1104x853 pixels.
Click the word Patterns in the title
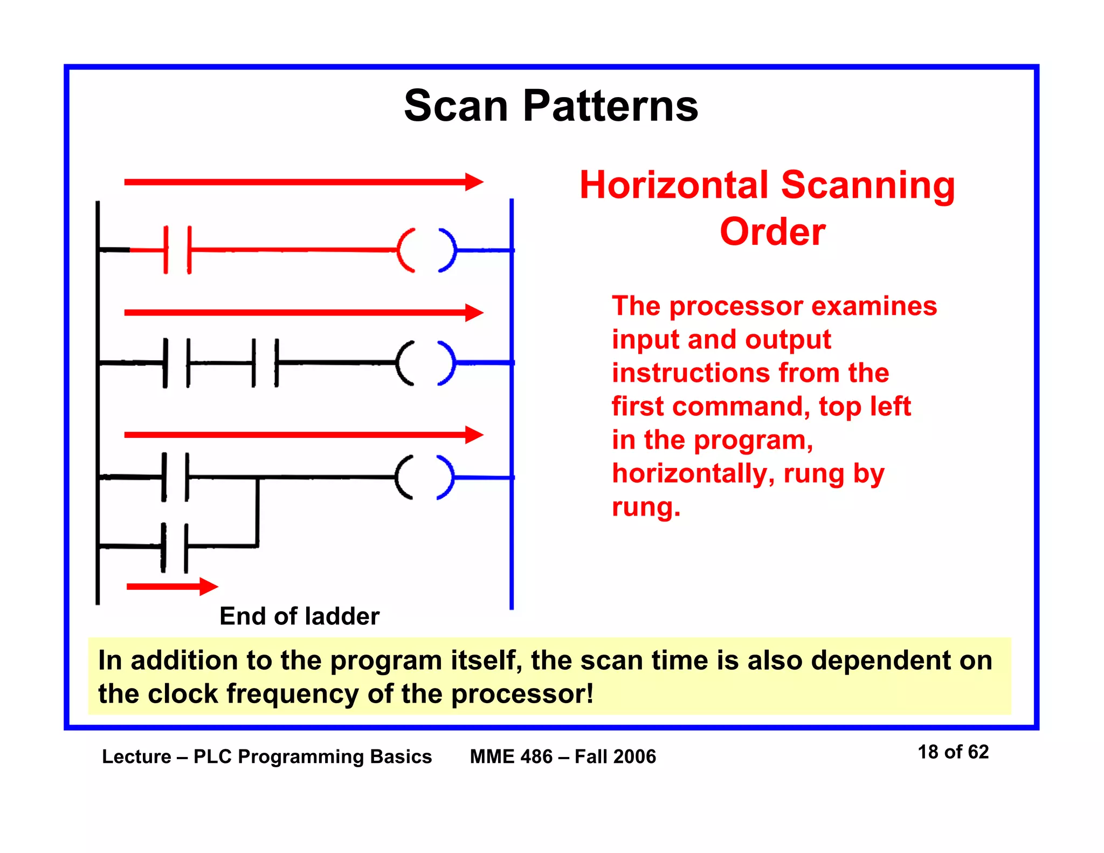[610, 106]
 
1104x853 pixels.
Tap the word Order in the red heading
[772, 232]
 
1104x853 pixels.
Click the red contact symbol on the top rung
[178, 250]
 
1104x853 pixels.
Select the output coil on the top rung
[426, 250]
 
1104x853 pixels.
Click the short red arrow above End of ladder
[171, 586]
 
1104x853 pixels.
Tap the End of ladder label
[299, 616]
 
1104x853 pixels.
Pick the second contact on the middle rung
[265, 363]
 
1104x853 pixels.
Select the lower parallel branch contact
[175, 547]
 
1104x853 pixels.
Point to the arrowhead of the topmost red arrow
[474, 182]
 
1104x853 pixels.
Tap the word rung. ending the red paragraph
[646, 507]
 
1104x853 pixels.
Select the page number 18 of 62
[953, 752]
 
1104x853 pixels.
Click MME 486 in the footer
[511, 756]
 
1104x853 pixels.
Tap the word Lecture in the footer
[136, 756]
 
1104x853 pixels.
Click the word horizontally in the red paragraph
[693, 474]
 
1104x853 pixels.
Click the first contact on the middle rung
[177, 363]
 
